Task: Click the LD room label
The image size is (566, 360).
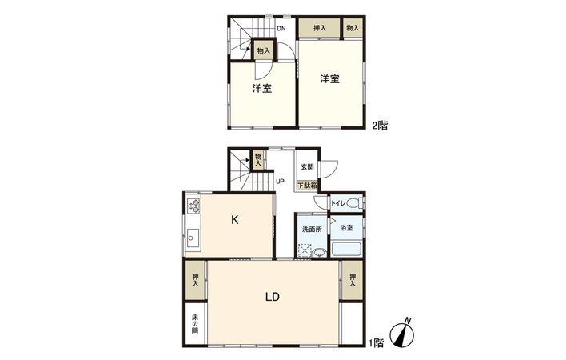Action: pyautogui.click(x=272, y=297)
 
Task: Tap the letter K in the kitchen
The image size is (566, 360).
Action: pyautogui.click(x=236, y=218)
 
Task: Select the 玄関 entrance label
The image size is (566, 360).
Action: pyautogui.click(x=308, y=167)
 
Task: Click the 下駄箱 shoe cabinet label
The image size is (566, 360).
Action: pyautogui.click(x=308, y=186)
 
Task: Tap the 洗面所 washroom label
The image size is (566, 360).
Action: pyautogui.click(x=312, y=229)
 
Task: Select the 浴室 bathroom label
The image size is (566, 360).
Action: pyautogui.click(x=346, y=229)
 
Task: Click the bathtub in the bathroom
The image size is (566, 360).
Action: pyautogui.click(x=347, y=249)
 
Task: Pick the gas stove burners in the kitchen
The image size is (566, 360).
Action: pyautogui.click(x=194, y=206)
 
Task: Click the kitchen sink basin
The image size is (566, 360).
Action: pyautogui.click(x=193, y=236)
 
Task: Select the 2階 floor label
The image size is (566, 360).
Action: pyautogui.click(x=379, y=125)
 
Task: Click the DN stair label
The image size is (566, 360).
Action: pyautogui.click(x=281, y=29)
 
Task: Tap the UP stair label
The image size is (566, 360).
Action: pyautogui.click(x=280, y=181)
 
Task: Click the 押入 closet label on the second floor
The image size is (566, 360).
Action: pyautogui.click(x=319, y=28)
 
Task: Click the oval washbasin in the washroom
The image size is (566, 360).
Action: pyautogui.click(x=320, y=253)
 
